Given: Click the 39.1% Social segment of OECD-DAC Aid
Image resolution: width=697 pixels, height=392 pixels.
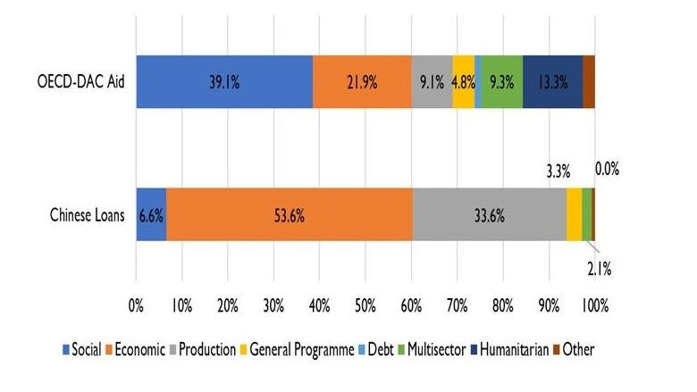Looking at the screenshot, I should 224,81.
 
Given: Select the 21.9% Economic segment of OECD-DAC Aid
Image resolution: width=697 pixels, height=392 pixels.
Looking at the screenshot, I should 362,81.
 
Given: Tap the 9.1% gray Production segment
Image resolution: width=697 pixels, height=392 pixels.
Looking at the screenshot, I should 432,81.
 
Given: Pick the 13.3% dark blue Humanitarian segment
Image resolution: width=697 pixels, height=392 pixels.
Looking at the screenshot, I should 552,81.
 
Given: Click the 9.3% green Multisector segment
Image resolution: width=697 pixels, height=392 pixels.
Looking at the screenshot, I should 503,81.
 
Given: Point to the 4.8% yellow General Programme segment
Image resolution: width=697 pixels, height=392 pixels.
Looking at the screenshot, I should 463,81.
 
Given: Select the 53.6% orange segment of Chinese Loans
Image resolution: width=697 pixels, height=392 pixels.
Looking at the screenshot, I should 289,214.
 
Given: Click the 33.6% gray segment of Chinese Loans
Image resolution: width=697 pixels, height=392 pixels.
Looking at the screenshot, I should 489,214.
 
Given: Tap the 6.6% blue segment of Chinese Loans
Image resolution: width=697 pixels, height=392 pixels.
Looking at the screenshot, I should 150,214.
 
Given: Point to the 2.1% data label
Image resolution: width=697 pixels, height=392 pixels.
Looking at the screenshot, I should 598,265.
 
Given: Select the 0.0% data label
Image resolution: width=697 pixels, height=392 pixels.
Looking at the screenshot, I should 607,168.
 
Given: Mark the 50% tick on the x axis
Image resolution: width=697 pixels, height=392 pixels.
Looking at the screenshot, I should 365,305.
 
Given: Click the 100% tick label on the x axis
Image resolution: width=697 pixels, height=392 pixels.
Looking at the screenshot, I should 594,305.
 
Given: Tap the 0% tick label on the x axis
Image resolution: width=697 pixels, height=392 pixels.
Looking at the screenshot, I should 136,305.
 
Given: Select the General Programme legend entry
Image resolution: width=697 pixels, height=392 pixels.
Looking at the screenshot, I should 298,350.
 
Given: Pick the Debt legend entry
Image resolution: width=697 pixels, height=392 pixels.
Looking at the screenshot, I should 379,350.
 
